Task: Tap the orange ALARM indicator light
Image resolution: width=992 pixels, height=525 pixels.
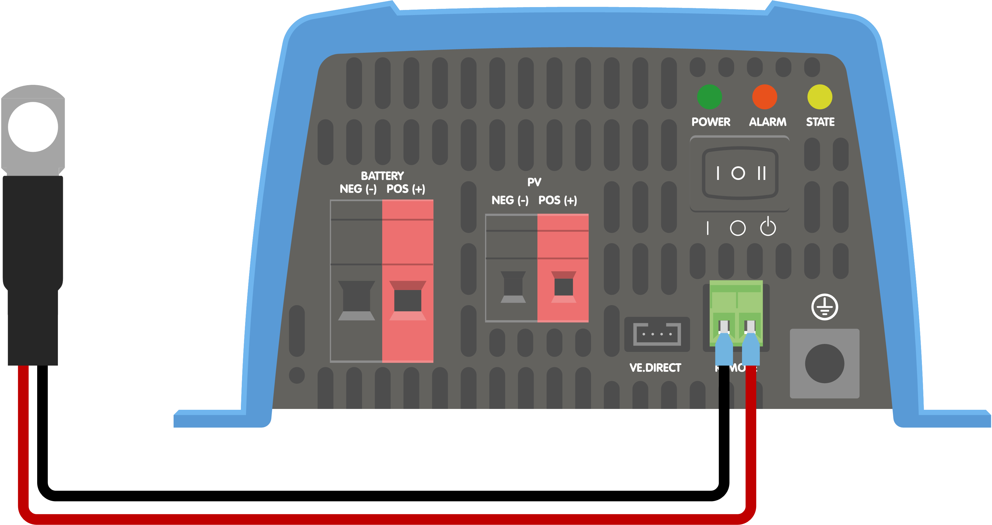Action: point(764,97)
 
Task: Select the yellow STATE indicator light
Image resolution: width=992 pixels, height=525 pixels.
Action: point(819,97)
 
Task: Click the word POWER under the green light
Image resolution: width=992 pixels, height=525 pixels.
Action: point(711,122)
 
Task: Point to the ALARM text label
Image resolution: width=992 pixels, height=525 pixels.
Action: point(768,122)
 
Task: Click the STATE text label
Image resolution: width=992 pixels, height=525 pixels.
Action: point(820,122)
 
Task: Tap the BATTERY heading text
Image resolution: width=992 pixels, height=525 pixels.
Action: point(382,176)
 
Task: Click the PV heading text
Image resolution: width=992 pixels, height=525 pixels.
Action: point(534,182)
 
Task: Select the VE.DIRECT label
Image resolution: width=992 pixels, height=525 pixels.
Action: point(655,368)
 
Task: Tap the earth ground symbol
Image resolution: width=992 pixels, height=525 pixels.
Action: point(825,307)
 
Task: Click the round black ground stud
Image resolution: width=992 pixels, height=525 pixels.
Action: point(825,363)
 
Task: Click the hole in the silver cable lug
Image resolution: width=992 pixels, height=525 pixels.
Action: point(33,127)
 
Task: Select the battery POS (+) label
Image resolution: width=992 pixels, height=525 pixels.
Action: point(406,189)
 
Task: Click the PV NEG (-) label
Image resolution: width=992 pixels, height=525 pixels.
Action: point(510,201)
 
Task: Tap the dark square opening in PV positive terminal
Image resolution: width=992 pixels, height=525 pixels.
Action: point(564,287)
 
